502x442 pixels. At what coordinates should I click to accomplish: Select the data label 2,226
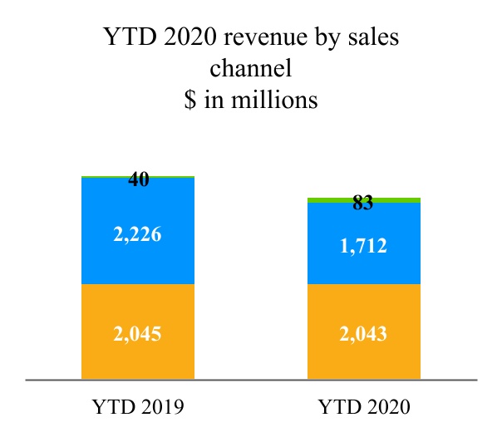pos(138,234)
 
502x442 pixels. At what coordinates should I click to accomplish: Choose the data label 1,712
pos(364,246)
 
